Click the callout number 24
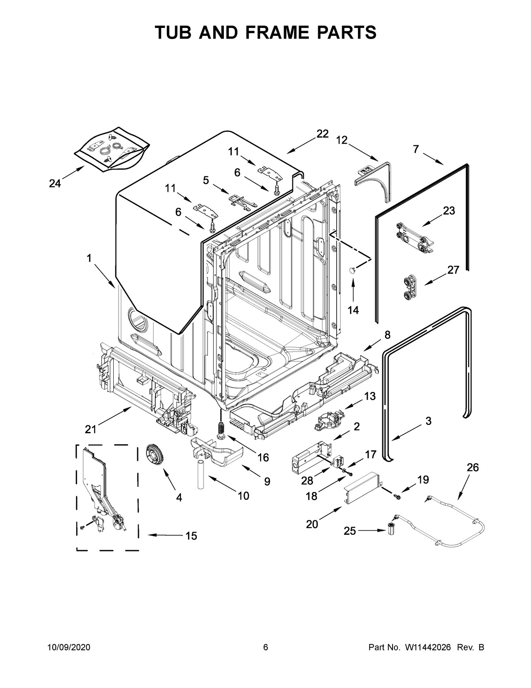click(55, 183)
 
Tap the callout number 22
click(323, 134)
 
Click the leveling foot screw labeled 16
click(220, 430)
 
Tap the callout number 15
click(191, 536)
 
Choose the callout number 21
click(91, 429)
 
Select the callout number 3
click(428, 421)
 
